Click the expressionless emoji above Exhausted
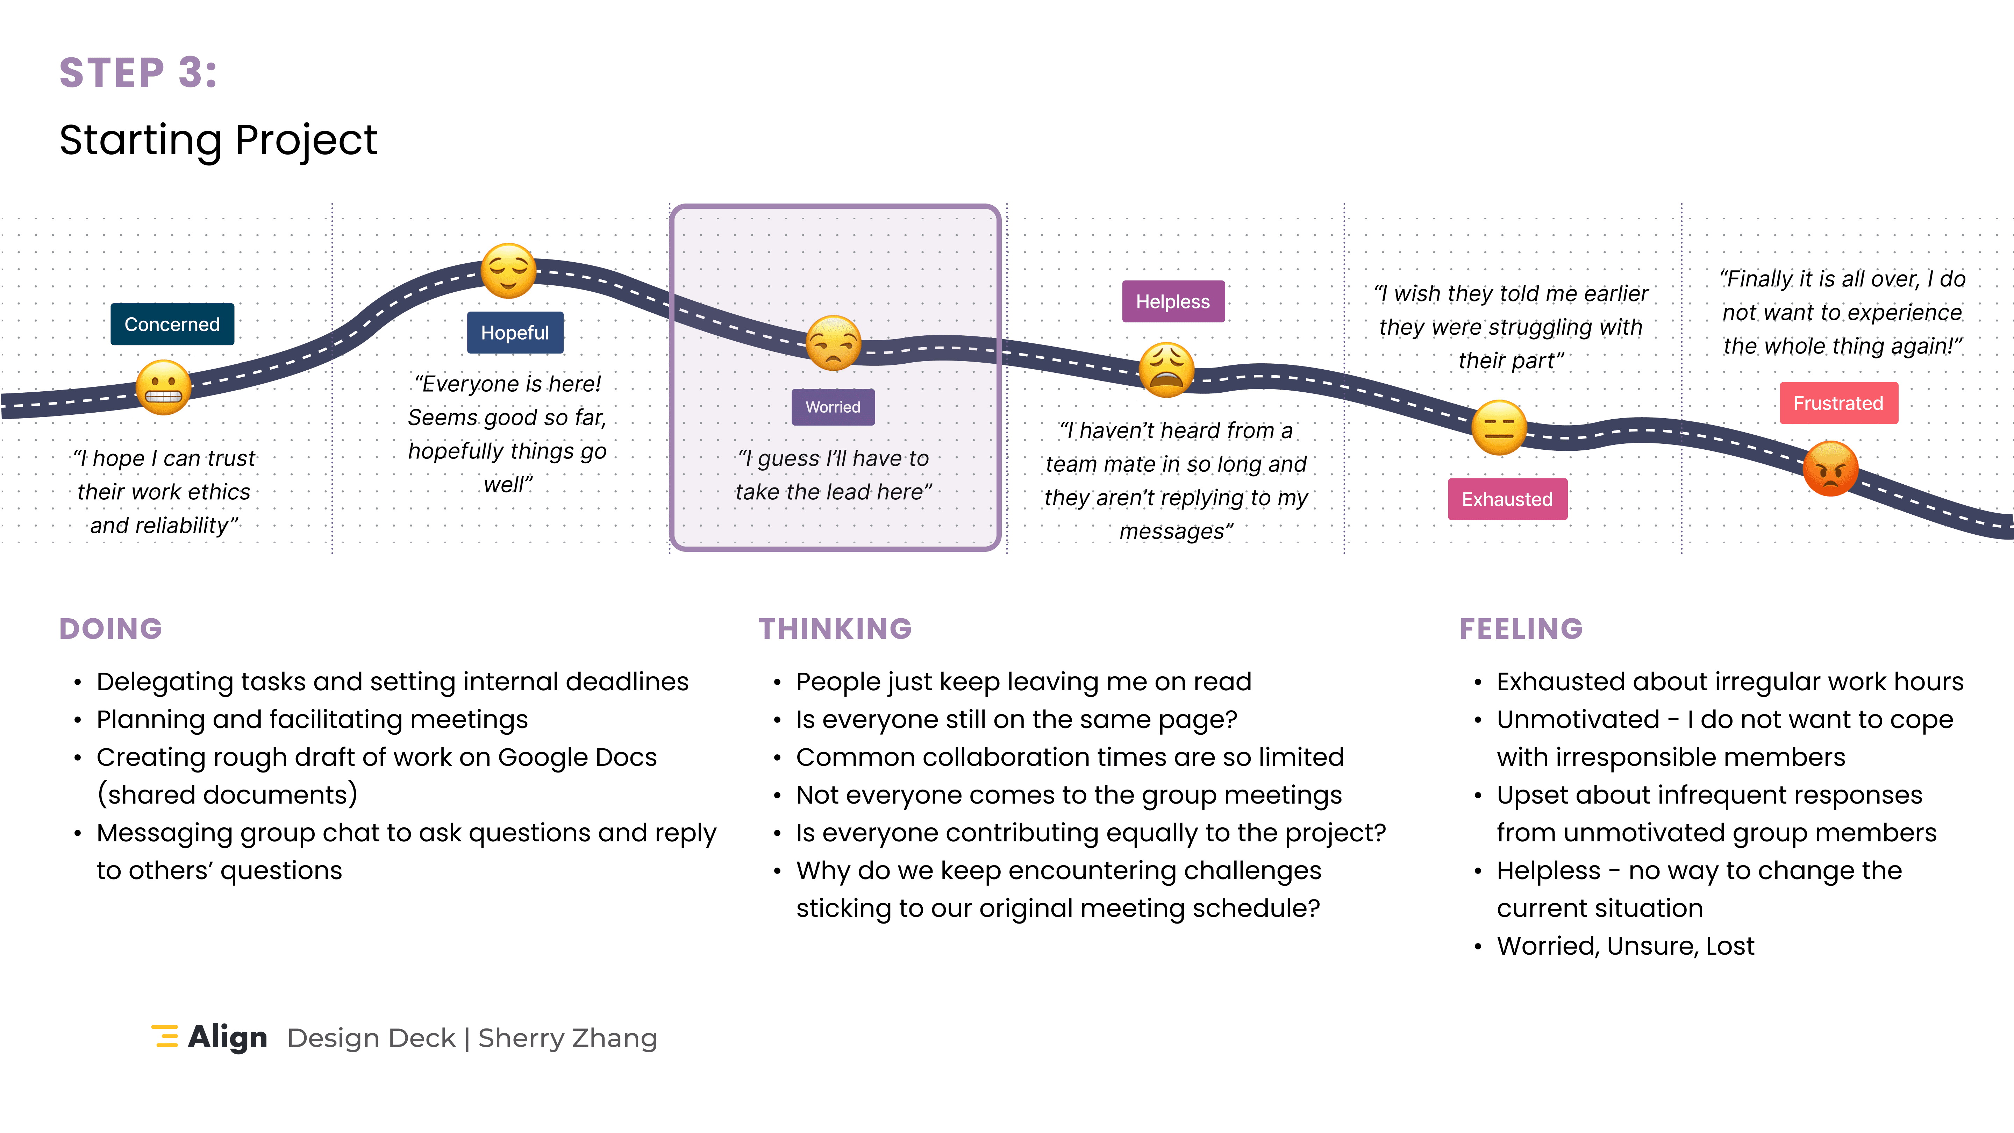tap(1499, 428)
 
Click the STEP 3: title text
tap(138, 73)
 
